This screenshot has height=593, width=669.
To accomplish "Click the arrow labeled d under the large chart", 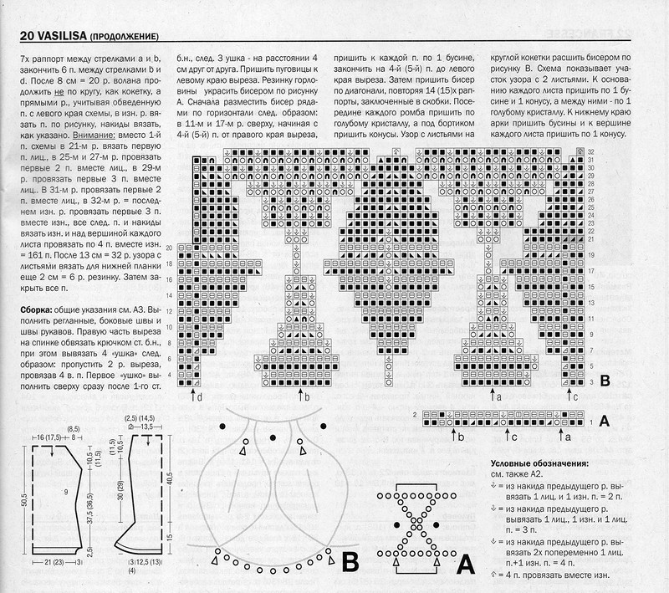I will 195,396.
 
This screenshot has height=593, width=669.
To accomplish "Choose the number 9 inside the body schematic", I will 64,493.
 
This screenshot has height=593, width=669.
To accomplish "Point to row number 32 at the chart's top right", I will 590,151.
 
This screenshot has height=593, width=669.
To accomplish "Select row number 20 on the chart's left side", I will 170,248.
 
